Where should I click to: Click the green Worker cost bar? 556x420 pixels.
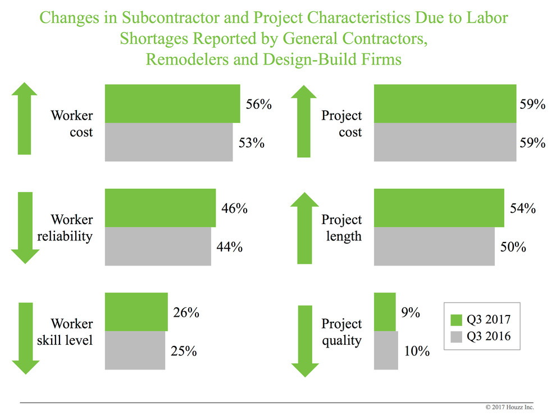(172, 103)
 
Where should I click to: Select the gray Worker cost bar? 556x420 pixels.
(168, 142)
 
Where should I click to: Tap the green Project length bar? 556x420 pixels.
(439, 208)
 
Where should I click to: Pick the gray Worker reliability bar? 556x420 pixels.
(158, 246)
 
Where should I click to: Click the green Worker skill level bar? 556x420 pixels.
(136, 312)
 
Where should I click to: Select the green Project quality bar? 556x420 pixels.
(385, 312)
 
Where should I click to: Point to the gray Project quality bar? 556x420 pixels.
(386, 350)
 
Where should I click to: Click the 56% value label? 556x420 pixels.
(258, 104)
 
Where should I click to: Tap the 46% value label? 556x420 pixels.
(234, 208)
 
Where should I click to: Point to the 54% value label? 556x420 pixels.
(522, 208)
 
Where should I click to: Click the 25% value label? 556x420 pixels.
(184, 351)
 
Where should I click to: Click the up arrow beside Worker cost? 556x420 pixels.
(24, 118)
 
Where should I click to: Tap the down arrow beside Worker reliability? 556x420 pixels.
(24, 227)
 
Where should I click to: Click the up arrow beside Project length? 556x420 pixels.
(304, 227)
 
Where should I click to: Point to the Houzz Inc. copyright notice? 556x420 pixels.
(509, 407)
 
